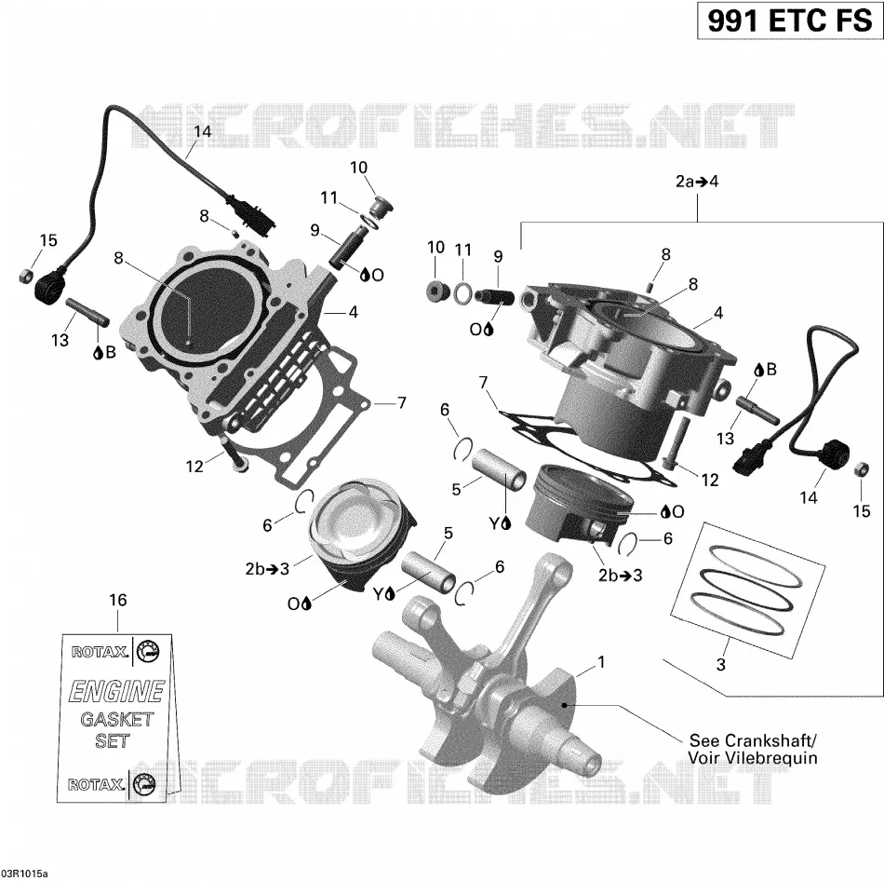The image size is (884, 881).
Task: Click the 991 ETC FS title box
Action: coord(789,20)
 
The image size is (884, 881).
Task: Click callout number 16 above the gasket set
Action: coord(118,600)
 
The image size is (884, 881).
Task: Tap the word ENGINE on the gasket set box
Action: coord(116,692)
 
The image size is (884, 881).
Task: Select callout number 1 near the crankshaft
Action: coord(601,662)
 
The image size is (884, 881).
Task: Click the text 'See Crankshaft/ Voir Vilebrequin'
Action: coord(753,749)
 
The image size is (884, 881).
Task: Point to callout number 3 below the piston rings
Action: coord(720,665)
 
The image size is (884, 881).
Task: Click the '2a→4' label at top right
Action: coord(697,182)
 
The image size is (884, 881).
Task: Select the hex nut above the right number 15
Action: coord(861,468)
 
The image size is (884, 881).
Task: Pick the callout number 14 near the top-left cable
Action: coord(203,131)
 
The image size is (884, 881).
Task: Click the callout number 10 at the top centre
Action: coord(358,168)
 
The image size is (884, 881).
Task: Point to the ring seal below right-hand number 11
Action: coord(462,292)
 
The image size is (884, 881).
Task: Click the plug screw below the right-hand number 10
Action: coord(436,290)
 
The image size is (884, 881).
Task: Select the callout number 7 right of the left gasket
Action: coord(401,403)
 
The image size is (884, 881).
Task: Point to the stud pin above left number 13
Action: coord(87,311)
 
